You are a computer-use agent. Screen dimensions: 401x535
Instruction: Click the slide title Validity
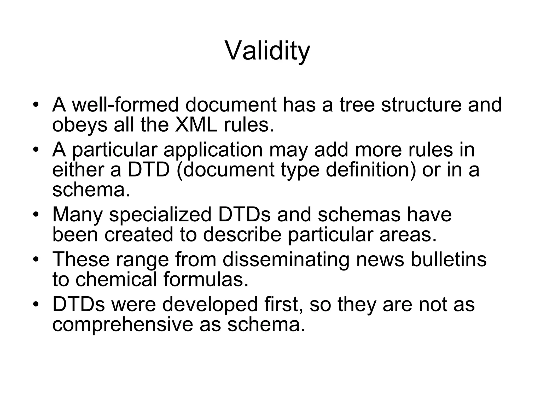(267, 51)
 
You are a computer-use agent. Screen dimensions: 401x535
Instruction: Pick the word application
(213, 150)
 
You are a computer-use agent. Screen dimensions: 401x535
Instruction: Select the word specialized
(160, 215)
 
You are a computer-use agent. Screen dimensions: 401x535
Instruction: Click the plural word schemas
(359, 215)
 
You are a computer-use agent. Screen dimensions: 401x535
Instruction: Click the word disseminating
(286, 260)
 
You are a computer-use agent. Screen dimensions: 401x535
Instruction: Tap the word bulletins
(449, 260)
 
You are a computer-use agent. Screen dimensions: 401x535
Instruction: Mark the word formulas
(206, 279)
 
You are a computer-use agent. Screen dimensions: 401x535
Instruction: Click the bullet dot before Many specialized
(36, 215)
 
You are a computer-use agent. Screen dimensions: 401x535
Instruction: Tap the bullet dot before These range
(36, 260)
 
